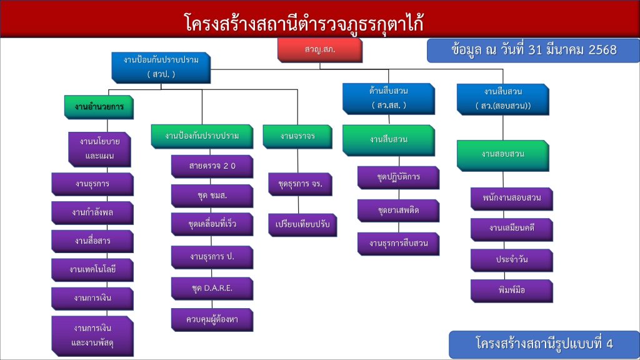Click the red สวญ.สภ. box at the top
(x=319, y=49)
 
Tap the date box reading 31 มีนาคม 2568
(x=533, y=50)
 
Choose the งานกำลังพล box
(x=92, y=212)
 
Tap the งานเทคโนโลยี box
(x=92, y=269)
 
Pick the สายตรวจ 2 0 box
(x=212, y=167)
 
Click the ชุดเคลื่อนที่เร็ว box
(x=212, y=224)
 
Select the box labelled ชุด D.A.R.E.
(x=212, y=288)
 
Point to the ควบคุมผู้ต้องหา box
(x=212, y=319)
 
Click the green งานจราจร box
(x=297, y=136)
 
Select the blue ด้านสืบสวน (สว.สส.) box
(x=388, y=98)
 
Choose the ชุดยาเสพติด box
(x=398, y=211)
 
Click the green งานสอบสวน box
(x=502, y=154)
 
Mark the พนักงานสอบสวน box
(x=511, y=199)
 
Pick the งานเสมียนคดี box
(x=511, y=229)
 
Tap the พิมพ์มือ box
(x=511, y=290)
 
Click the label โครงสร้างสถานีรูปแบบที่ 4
(x=544, y=344)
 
